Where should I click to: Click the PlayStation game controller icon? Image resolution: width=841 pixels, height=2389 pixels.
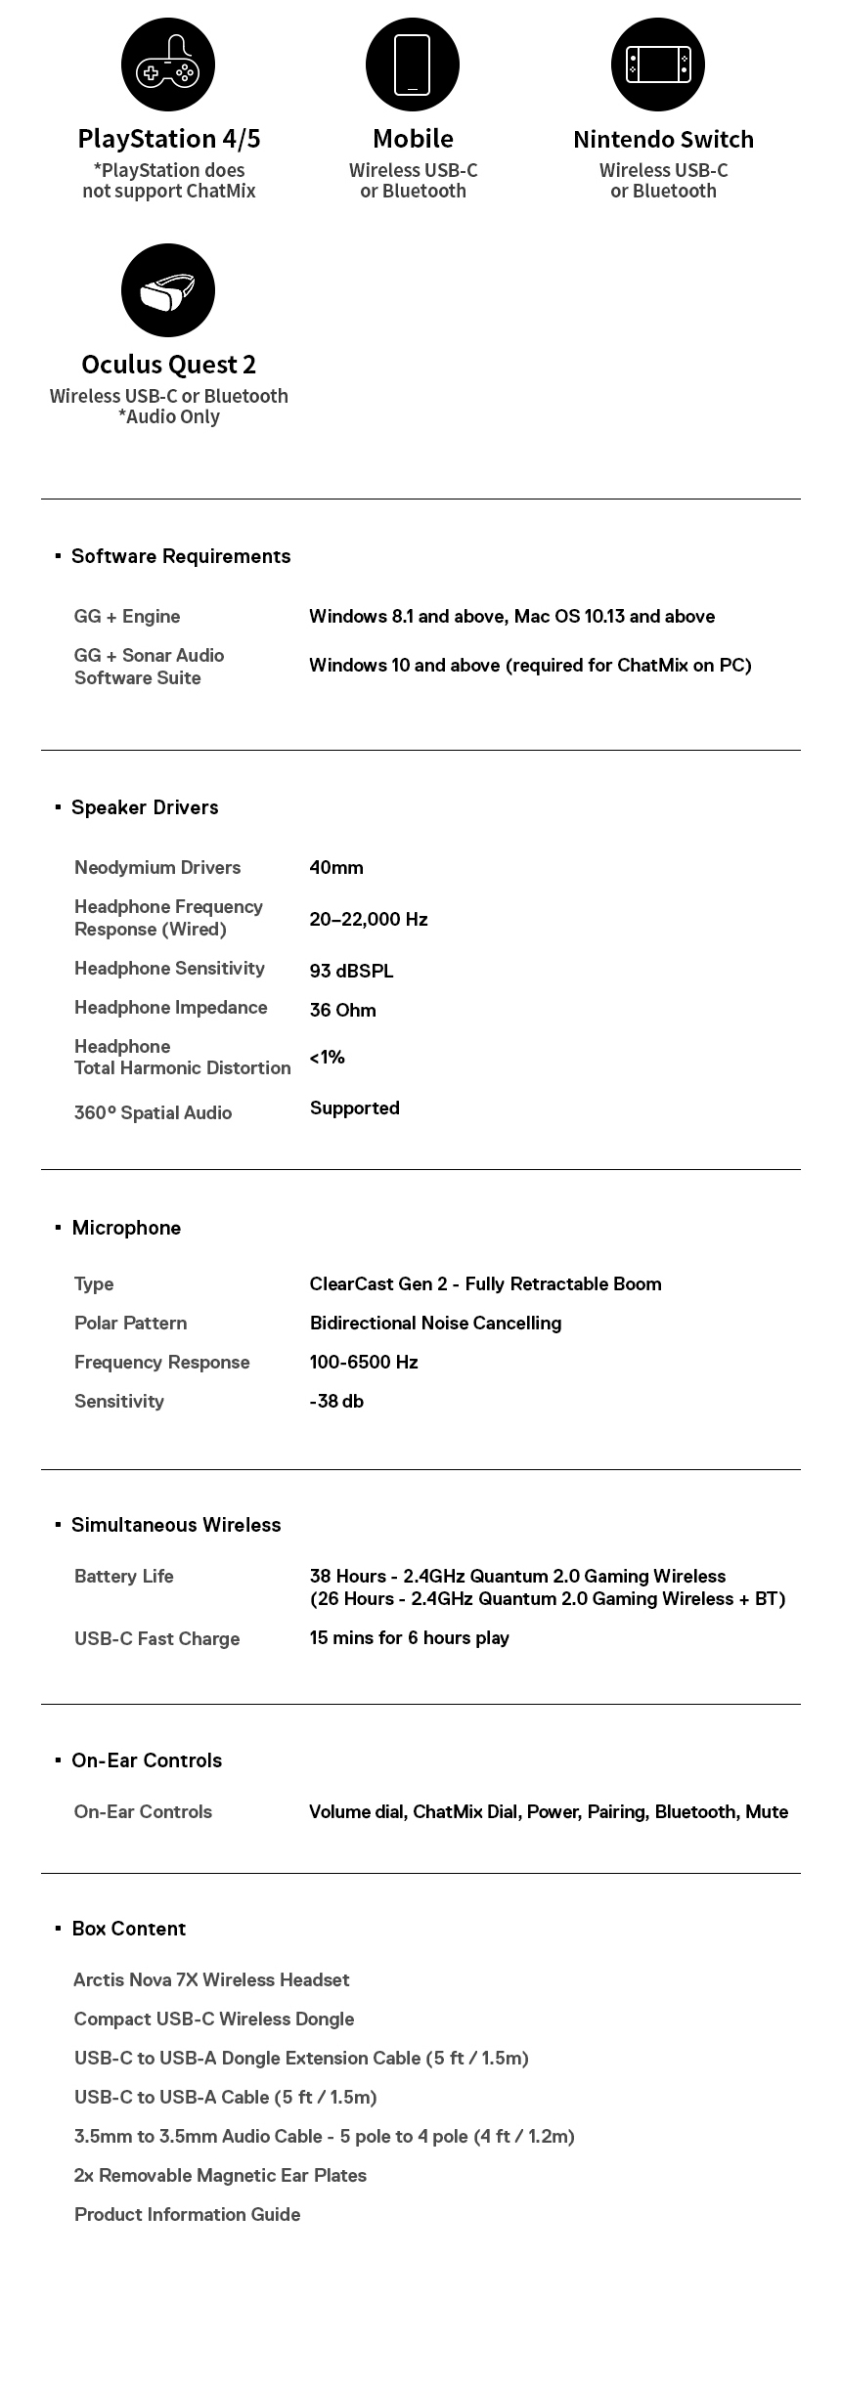pos(168,65)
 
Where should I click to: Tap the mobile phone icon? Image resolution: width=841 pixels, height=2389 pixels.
pos(413,65)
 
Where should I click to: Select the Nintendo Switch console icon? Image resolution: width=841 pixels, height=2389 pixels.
pos(658,65)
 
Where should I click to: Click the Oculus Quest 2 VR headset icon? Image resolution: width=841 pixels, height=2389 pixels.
pos(168,291)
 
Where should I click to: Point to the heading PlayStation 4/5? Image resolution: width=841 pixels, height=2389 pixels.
pos(169,139)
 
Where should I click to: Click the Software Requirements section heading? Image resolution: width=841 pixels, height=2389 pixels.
pos(181,556)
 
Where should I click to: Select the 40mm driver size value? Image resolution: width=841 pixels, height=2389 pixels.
pos(336,868)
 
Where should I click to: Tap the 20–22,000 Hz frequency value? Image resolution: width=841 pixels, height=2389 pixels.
pos(369,919)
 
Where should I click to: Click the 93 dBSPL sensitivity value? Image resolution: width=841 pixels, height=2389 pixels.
pos(351,971)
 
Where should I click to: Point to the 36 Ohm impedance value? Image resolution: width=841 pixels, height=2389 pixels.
pos(342,1010)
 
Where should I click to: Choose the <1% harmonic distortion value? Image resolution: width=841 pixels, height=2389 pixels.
pos(328,1057)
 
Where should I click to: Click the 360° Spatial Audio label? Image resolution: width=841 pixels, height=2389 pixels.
pos(153,1112)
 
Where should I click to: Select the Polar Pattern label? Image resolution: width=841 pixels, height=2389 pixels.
pos(130,1323)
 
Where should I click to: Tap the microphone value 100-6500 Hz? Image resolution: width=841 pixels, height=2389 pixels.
pos(364,1362)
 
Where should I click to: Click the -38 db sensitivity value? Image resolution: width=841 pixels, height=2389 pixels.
pos(336,1401)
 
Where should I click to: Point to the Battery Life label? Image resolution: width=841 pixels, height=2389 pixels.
pos(124,1576)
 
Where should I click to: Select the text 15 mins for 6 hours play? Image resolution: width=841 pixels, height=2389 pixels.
pos(409,1637)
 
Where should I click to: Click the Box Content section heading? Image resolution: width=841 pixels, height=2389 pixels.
pos(128,1929)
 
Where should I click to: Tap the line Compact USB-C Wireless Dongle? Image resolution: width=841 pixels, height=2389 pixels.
pos(214,2019)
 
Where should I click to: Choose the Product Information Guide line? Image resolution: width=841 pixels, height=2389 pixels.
pos(187,2214)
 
